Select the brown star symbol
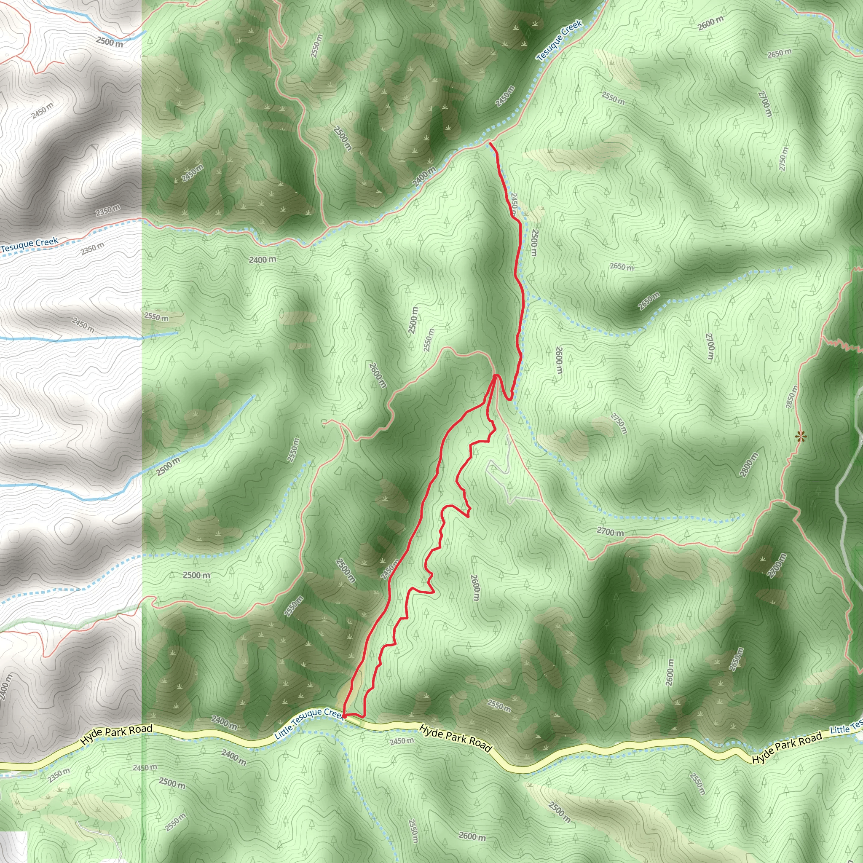click(801, 437)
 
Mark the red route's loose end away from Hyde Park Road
click(490, 143)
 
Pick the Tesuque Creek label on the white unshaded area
click(29, 245)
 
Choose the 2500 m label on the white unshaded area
click(110, 43)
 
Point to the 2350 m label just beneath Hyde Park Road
click(59, 775)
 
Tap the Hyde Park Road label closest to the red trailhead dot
click(456, 738)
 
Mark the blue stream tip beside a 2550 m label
click(177, 332)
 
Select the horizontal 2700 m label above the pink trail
click(610, 532)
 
